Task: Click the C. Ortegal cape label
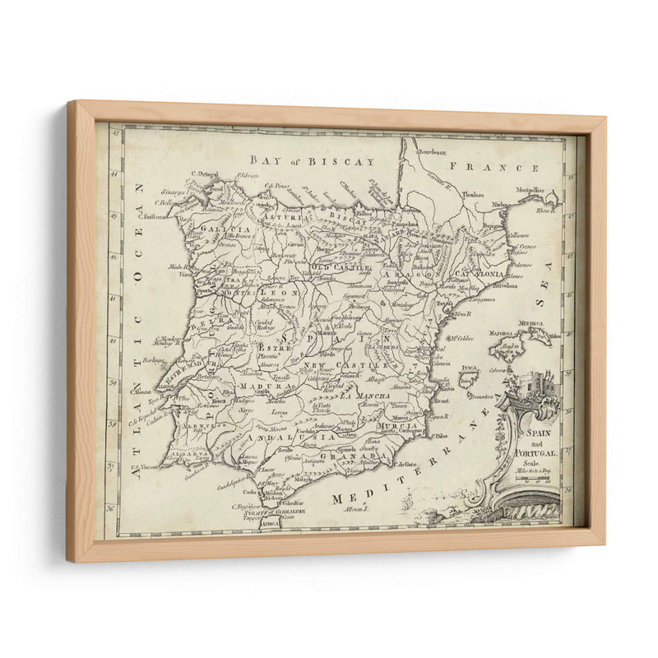[203, 173]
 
